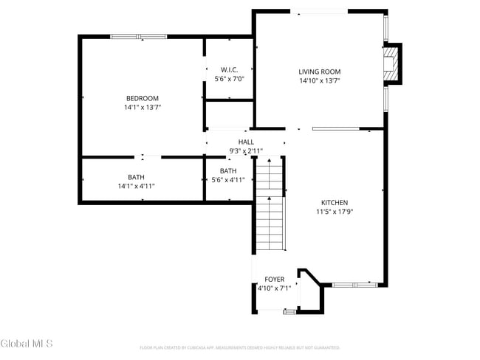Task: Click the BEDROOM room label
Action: (x=142, y=98)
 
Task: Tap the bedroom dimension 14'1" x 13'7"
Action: (x=142, y=108)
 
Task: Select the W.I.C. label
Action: (x=228, y=69)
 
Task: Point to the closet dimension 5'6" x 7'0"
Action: (x=228, y=78)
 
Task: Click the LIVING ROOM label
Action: (x=319, y=72)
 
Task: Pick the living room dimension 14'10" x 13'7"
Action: (x=319, y=81)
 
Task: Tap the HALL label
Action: (x=246, y=142)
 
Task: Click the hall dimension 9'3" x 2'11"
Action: (x=246, y=151)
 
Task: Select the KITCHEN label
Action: (x=334, y=202)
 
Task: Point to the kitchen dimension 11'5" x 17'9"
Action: (x=334, y=212)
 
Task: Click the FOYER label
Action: (x=274, y=280)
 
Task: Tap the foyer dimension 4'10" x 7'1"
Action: (x=274, y=288)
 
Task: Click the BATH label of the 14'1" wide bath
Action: (x=136, y=176)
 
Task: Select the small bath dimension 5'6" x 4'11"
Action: (x=228, y=180)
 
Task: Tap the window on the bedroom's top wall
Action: (x=138, y=36)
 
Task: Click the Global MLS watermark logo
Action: (x=21, y=344)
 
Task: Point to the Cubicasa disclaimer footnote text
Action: (x=239, y=347)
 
